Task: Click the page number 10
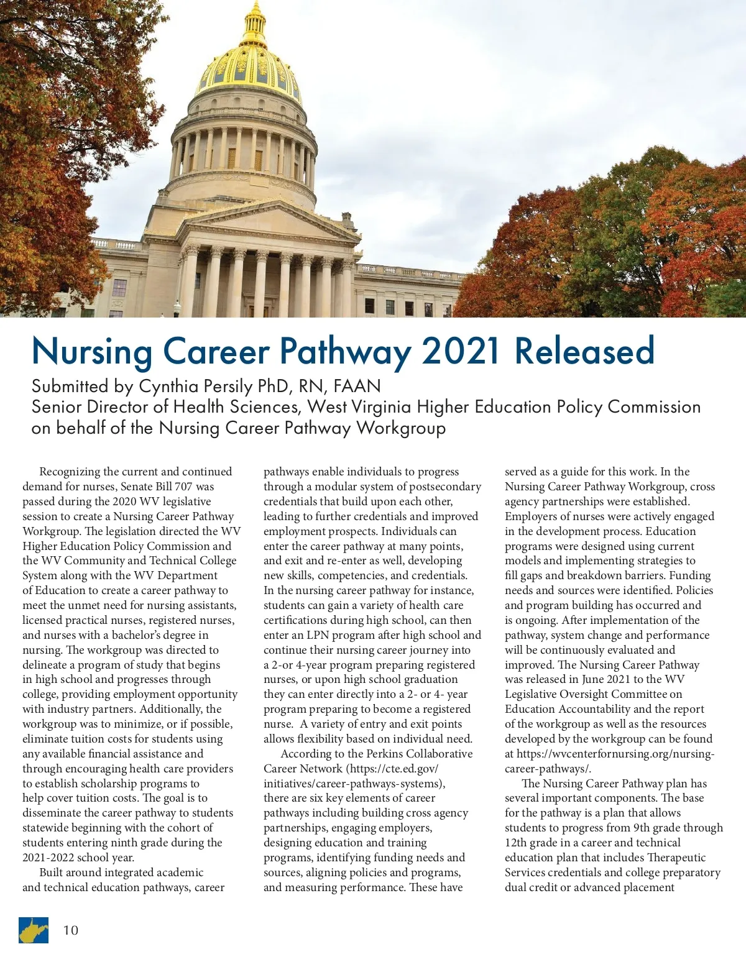coord(71,930)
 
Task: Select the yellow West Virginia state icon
coord(34,930)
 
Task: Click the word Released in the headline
coord(584,351)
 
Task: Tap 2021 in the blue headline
coord(461,351)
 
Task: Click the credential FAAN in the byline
coord(357,387)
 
